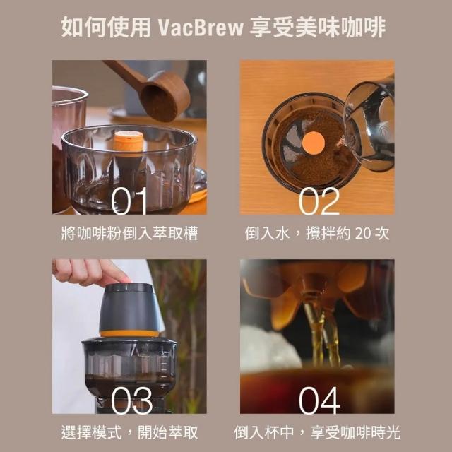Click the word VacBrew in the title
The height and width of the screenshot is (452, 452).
pos(201,28)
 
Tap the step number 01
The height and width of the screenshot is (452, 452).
pos(129,201)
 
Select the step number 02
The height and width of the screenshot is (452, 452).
pos(319,201)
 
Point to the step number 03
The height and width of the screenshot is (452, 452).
pos(131,400)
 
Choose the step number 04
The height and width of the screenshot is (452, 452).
pos(319,400)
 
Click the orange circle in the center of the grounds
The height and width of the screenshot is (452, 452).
pos(313,143)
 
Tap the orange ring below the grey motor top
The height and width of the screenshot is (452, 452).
pos(129,333)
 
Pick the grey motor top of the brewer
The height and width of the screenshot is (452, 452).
pos(129,307)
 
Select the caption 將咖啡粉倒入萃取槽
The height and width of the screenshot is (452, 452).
pos(129,234)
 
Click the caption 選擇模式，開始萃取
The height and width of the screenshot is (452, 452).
pos(129,432)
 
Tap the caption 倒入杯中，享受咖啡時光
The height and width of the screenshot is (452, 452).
pos(317,432)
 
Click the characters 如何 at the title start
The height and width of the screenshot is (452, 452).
pos(83,28)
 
